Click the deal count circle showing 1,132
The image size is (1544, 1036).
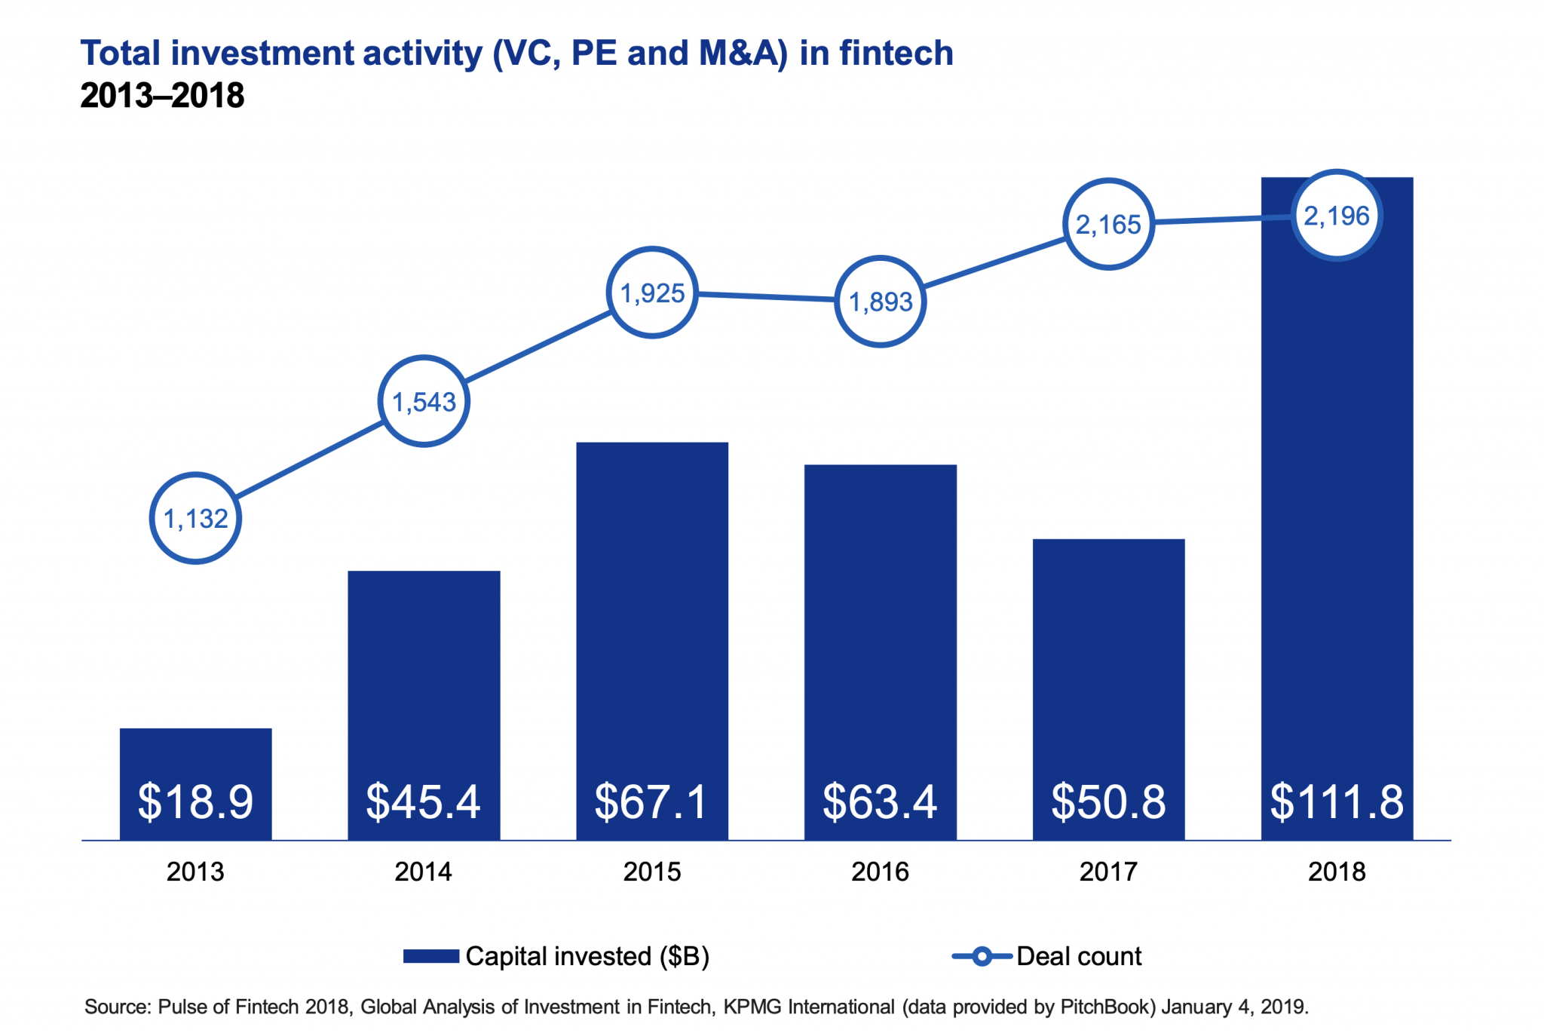coord(195,518)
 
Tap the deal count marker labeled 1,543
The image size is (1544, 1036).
coord(424,401)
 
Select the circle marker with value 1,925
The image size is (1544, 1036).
coord(652,293)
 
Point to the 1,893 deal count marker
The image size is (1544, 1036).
coord(881,302)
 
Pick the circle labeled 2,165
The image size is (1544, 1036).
coord(1108,224)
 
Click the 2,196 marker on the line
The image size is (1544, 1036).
coord(1337,216)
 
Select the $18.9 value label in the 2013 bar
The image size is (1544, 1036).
coord(195,801)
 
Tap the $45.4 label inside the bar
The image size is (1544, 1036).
coord(424,801)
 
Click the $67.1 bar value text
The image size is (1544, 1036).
coord(652,801)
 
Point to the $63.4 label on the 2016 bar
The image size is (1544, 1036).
coord(881,801)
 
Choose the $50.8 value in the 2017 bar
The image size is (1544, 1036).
coord(1108,801)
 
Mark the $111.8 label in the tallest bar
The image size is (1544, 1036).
coord(1337,801)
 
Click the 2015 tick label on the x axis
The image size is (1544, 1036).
coord(652,872)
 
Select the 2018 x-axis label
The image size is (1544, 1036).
coord(1337,872)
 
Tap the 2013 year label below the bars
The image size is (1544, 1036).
coord(195,872)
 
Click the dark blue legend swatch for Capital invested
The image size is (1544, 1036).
coord(431,956)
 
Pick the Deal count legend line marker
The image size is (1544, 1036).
coord(982,956)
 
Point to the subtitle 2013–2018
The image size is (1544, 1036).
coord(162,96)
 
